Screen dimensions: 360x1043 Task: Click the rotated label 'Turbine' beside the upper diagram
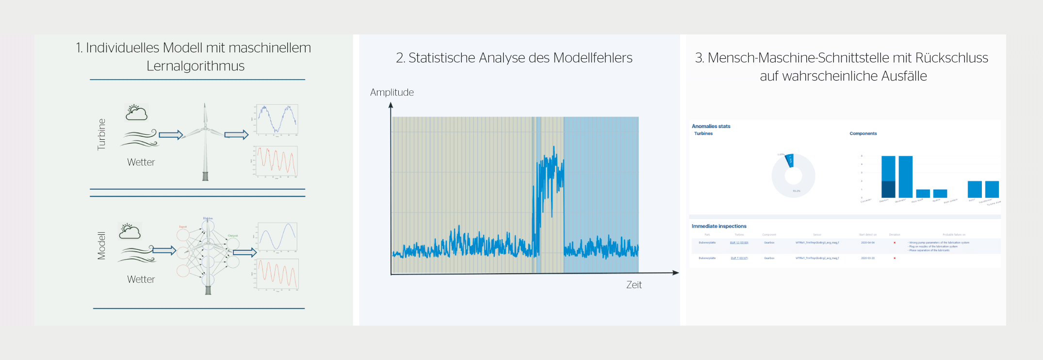point(101,134)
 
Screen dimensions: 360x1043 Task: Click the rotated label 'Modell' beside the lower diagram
point(101,245)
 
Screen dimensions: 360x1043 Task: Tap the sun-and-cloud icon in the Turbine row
point(136,112)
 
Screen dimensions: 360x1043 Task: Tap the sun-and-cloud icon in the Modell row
point(130,231)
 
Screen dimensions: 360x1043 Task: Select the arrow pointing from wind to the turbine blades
point(171,134)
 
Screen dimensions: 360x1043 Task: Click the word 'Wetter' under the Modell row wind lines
point(141,279)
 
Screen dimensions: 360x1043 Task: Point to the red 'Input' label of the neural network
point(183,227)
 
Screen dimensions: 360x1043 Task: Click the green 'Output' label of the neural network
point(233,235)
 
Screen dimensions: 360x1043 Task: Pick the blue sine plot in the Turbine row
point(277,119)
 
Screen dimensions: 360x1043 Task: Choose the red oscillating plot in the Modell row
point(277,274)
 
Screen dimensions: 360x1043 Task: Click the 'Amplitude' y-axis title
point(392,92)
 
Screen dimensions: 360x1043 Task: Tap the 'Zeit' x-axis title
point(634,285)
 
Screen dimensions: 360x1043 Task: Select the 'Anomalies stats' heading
point(711,126)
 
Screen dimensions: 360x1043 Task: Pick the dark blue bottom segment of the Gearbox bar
point(888,189)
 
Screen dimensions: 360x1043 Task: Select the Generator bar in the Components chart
point(905,177)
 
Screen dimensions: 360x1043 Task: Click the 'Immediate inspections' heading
point(719,226)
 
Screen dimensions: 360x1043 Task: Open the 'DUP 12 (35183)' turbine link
point(739,243)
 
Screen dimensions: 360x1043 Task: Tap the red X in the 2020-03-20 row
point(895,258)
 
